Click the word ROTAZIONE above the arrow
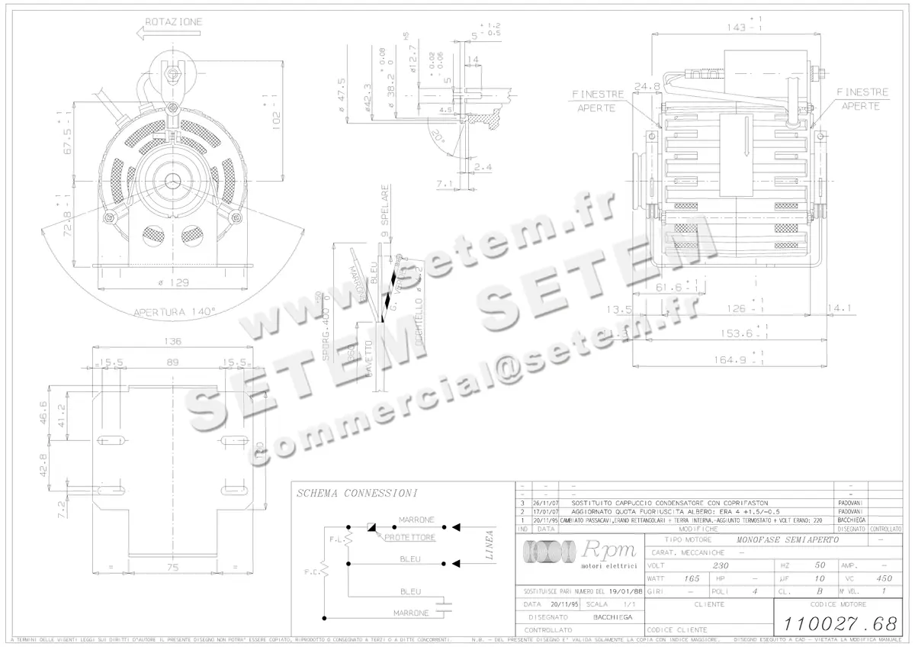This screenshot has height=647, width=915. coord(174,22)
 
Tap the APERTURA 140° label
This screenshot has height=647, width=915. coord(175,311)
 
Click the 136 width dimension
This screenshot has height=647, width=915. coord(172,341)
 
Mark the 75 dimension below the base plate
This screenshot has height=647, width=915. coord(174,568)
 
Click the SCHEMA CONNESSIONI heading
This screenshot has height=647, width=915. coord(357,494)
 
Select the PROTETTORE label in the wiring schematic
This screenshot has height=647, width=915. coord(410,538)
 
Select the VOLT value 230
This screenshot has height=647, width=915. coord(720,566)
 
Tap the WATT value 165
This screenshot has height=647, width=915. coord(692,578)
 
